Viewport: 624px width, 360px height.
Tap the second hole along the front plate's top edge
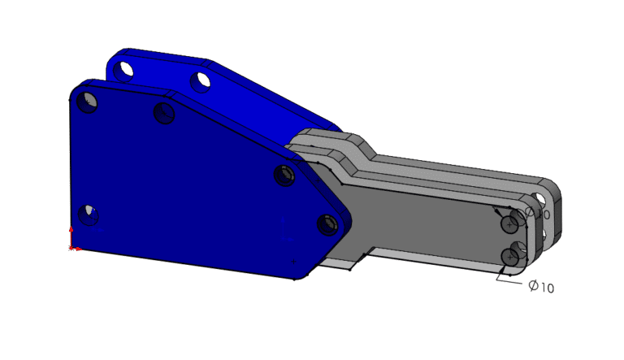pos(164,113)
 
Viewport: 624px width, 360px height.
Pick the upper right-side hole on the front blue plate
pos(284,176)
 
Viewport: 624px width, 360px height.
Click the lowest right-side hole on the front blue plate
pos(327,224)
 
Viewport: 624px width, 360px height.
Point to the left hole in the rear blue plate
pos(124,70)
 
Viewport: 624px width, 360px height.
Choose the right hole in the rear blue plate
pos(201,80)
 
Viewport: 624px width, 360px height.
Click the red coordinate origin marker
pos(72,246)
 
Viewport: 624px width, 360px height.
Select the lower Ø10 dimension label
pos(541,287)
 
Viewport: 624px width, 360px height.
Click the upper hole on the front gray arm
pos(510,222)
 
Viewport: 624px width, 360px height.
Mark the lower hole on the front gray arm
pos(510,257)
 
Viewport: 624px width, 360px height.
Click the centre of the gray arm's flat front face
pos(422,219)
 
